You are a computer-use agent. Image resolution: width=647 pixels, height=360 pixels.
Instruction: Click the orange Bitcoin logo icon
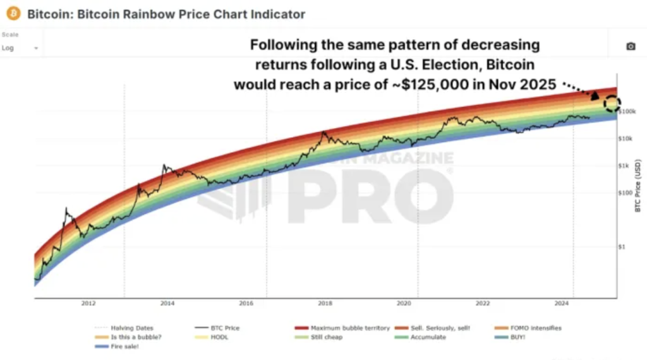(13, 13)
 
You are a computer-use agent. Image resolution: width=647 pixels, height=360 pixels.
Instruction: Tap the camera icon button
(630, 47)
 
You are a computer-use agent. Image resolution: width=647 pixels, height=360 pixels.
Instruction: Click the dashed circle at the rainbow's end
(612, 103)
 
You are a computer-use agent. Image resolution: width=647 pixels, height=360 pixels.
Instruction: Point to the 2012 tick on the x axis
(88, 304)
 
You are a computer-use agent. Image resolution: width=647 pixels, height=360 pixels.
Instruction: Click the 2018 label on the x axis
(325, 304)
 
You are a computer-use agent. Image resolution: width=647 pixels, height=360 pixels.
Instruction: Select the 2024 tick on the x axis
(563, 304)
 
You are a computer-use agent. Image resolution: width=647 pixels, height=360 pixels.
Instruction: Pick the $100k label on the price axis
(627, 112)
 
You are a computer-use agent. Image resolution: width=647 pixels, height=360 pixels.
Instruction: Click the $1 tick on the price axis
(623, 247)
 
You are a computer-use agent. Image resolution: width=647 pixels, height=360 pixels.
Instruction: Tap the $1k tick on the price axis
(624, 166)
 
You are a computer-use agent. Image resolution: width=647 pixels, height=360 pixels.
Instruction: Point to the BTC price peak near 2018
(323, 133)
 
